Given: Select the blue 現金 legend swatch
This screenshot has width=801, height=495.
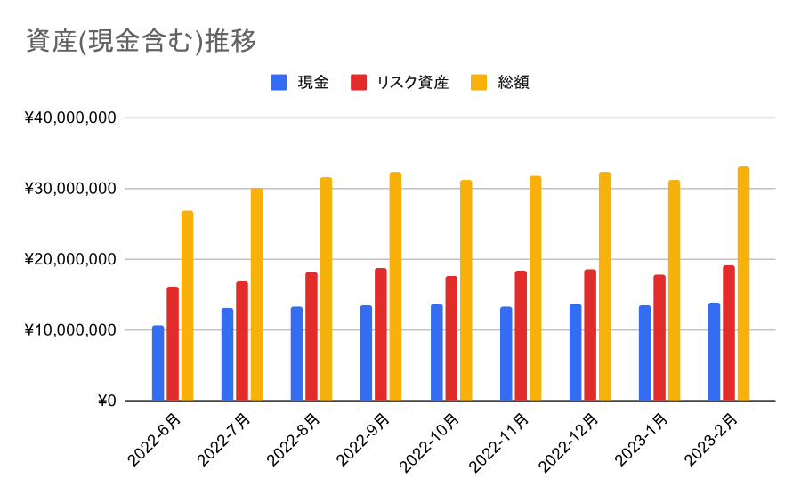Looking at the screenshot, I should tap(279, 83).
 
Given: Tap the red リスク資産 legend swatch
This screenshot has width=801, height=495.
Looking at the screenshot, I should tap(359, 83).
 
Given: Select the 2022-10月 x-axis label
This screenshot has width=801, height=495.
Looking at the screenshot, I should tap(433, 441).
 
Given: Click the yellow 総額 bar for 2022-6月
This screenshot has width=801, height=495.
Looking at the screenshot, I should tap(187, 306).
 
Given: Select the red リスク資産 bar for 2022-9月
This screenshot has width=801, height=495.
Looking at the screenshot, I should tap(381, 335).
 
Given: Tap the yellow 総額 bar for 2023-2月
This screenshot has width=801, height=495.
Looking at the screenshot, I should tap(743, 284).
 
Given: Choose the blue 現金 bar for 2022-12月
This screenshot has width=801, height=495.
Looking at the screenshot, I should tap(576, 353).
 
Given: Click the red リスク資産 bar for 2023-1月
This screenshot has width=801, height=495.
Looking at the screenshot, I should tap(659, 338).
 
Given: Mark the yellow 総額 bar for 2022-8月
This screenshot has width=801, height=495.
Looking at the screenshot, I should tap(326, 289).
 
